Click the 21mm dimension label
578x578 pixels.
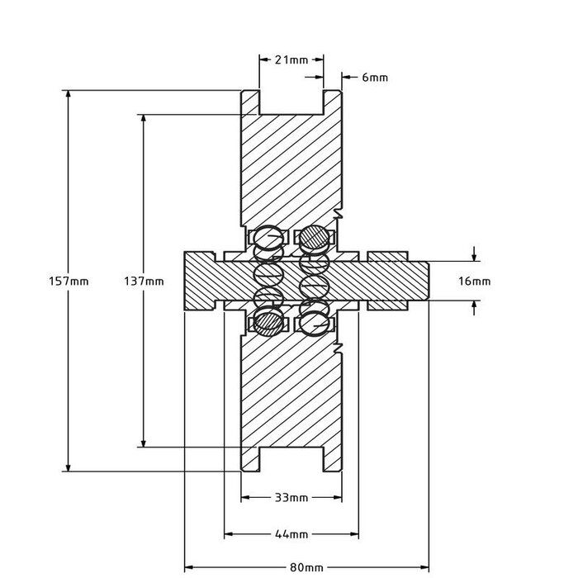pos(291,59)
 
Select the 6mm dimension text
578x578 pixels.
pos(374,77)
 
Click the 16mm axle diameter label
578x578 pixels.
pos(474,282)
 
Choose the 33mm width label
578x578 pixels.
pos(291,498)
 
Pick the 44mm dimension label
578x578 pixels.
pos(291,534)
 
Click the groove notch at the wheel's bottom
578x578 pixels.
pos(291,461)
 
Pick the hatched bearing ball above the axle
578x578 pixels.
pos(314,238)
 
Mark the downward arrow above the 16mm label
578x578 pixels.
pos(474,255)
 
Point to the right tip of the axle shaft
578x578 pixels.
pos(428,282)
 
